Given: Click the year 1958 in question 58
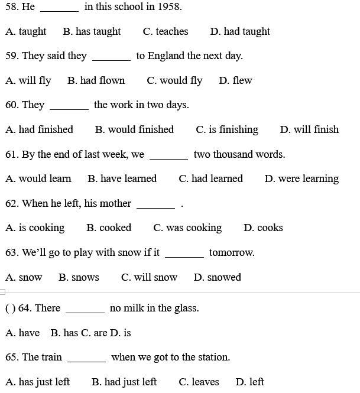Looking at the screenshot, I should (x=169, y=7).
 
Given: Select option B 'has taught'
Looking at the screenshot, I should (x=92, y=32).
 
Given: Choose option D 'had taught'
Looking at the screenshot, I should (x=240, y=32).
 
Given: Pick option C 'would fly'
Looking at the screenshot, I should (x=174, y=80).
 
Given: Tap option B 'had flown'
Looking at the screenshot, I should (x=96, y=80).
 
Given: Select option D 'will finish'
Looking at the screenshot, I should (x=309, y=129).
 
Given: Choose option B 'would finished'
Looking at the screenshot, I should (x=134, y=129).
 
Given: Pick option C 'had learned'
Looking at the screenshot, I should (x=210, y=178).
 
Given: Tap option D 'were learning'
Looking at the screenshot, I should (x=301, y=178).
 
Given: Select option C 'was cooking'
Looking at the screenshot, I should (x=187, y=228).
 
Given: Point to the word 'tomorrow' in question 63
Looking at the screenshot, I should (x=231, y=253).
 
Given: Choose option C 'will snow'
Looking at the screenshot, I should (x=149, y=277).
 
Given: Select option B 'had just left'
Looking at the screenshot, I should (x=124, y=382).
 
